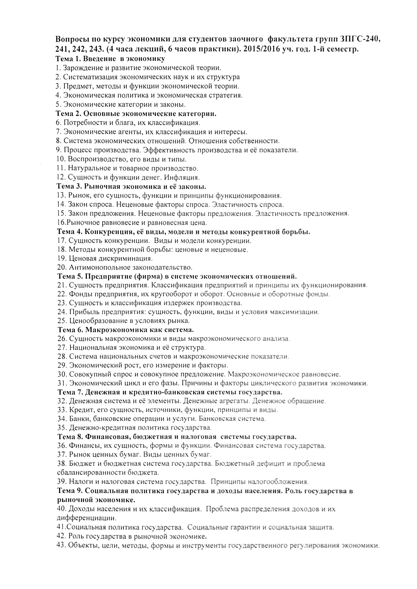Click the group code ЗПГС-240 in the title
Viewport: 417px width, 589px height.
pos(359,39)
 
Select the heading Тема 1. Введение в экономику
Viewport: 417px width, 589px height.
pos(111,58)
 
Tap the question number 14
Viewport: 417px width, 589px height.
pos(60,204)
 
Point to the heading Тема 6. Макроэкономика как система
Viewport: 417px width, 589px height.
pos(125,329)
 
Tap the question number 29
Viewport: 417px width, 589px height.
pos(61,365)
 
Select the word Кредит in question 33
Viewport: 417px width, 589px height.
pos(79,410)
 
